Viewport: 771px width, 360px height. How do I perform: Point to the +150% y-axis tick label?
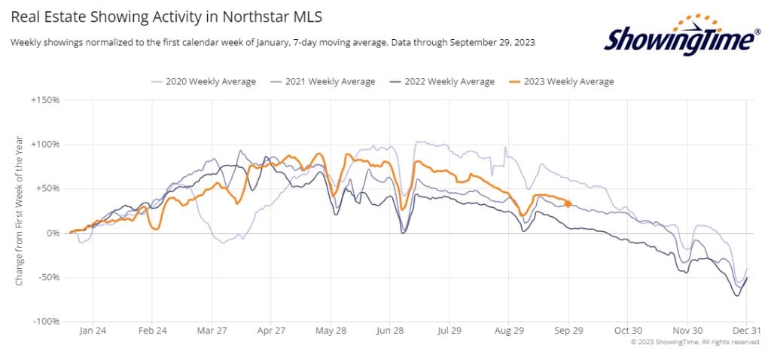point(45,99)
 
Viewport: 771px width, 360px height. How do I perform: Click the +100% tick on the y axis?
point(45,144)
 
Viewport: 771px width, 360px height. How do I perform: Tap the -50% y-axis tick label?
point(47,278)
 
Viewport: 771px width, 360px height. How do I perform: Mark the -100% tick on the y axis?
point(45,322)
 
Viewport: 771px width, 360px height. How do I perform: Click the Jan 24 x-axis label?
point(92,331)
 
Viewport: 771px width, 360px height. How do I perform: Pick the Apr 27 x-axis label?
point(271,331)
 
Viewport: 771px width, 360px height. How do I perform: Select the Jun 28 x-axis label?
point(390,331)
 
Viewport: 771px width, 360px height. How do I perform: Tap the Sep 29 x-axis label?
point(569,331)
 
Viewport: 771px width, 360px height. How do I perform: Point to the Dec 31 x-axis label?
point(745,331)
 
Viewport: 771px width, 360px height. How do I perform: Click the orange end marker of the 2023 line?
point(568,203)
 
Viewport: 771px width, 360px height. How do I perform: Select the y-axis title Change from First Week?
point(20,210)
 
